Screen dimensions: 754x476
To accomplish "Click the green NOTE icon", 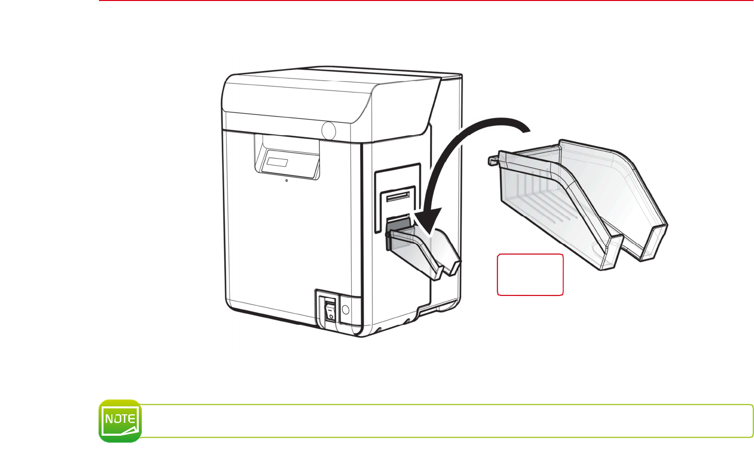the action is (120, 421).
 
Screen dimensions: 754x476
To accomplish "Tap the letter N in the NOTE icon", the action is (109, 419).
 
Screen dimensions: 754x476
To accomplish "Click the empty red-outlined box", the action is (530, 275).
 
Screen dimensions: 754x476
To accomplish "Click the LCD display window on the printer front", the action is (278, 162).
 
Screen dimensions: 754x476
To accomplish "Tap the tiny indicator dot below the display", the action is (286, 181).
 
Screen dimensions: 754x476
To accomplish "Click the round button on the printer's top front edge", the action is (328, 130).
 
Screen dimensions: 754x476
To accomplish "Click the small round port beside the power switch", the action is (346, 310).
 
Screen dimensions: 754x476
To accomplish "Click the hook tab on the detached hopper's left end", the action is (492, 160).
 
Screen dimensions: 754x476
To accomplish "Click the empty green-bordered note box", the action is (448, 421).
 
